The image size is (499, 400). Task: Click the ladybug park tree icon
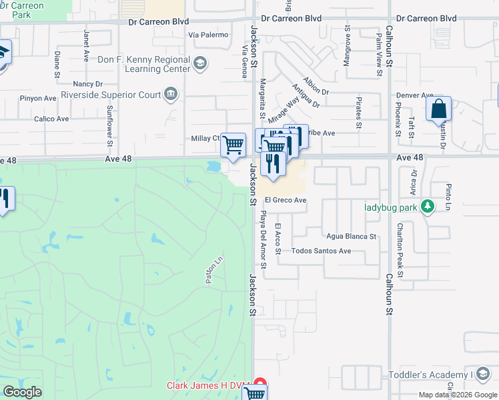pos(428,207)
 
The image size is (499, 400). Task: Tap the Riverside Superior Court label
pos(111,95)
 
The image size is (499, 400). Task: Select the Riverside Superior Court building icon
pos(172,94)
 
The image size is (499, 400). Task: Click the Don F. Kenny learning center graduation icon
pos(199,64)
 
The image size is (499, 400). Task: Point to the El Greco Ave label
pos(286,200)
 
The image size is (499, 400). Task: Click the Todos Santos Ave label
pos(322,251)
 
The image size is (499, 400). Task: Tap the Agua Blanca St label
pos(352,236)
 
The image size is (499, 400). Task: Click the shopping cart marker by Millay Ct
pos(233,144)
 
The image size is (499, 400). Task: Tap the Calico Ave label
pos(51,119)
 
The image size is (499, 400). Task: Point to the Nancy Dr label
pos(88,84)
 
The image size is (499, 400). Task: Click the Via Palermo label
pos(208,35)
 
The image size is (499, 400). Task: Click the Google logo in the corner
pos(22,392)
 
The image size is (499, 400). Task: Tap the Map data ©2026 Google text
pos(458,395)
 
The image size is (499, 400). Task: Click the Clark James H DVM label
pos(207,385)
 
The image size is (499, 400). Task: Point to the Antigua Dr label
pos(306,97)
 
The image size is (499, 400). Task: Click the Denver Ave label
pos(415,95)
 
